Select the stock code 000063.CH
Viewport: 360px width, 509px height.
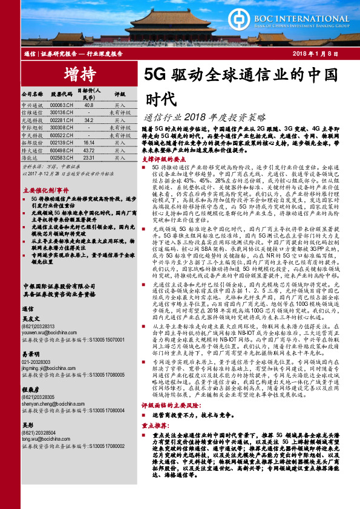[x=61, y=105]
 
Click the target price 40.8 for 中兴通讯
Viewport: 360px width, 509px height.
[x=89, y=105]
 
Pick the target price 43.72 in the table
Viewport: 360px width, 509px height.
[x=89, y=150]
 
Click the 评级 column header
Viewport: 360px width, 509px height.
[x=119, y=94]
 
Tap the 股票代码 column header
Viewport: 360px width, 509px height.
[x=61, y=94]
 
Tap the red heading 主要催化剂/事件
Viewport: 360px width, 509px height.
[x=44, y=190]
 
